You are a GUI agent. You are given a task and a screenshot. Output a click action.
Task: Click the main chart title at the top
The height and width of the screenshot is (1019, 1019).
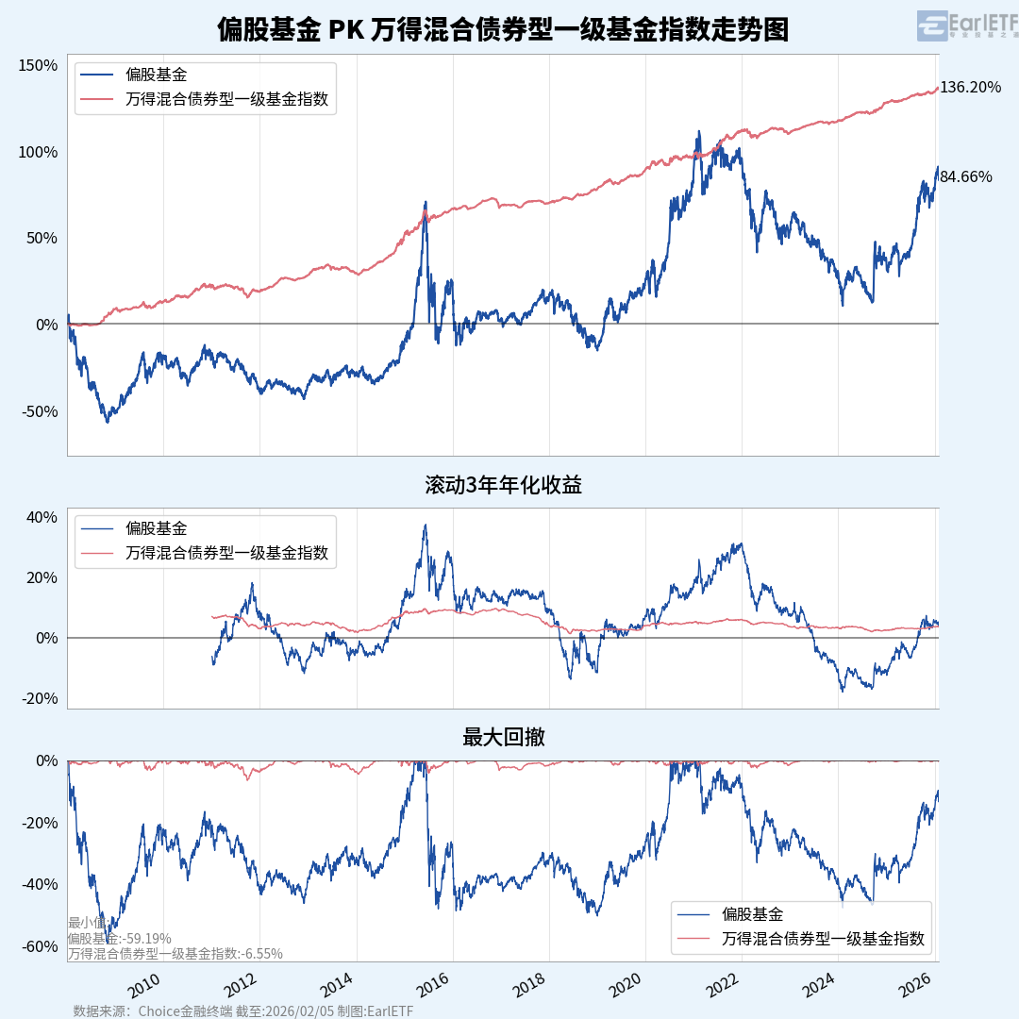pyautogui.click(x=502, y=29)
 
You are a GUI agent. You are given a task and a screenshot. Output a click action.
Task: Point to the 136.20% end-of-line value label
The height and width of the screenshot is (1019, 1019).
pyautogui.click(x=970, y=88)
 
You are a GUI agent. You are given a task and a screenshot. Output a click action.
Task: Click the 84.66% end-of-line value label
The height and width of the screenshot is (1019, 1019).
pyautogui.click(x=965, y=176)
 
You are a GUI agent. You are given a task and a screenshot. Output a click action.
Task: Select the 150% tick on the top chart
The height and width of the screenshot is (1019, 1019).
pyautogui.click(x=38, y=65)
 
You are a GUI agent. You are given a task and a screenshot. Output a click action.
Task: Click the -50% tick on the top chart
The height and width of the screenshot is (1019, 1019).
pyautogui.click(x=38, y=411)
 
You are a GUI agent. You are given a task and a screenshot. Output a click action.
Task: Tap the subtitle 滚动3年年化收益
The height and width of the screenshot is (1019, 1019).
pyautogui.click(x=503, y=486)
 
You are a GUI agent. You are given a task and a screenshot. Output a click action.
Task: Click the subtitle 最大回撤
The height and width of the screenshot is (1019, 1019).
pyautogui.click(x=503, y=738)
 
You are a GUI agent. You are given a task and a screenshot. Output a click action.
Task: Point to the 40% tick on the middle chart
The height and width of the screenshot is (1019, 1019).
pyautogui.click(x=42, y=517)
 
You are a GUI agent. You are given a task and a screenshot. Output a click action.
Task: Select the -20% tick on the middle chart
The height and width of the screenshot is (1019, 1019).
pyautogui.click(x=40, y=698)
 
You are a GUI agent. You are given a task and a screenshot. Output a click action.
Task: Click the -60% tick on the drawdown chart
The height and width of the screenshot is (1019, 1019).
pyautogui.click(x=40, y=946)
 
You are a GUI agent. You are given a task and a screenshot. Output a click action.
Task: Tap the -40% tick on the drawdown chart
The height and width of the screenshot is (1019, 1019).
pyautogui.click(x=40, y=884)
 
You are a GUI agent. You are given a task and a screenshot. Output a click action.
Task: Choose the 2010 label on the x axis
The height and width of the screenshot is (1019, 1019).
pyautogui.click(x=143, y=987)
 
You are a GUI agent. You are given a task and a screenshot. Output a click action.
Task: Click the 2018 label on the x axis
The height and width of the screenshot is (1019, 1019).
pyautogui.click(x=528, y=987)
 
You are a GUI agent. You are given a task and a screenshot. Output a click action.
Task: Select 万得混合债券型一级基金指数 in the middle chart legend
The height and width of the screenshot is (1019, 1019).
pyautogui.click(x=226, y=553)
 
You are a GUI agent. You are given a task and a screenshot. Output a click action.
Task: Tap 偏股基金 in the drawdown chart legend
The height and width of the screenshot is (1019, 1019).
pyautogui.click(x=752, y=913)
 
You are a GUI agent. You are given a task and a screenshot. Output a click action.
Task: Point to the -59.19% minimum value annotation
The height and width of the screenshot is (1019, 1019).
pyautogui.click(x=120, y=939)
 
